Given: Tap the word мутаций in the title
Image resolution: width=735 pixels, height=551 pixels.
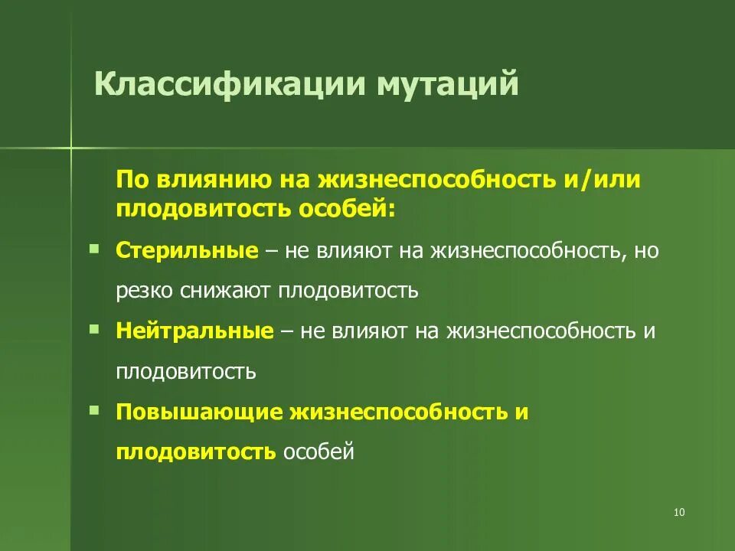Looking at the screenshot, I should [446, 83].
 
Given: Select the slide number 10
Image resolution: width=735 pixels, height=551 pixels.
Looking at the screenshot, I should [678, 512].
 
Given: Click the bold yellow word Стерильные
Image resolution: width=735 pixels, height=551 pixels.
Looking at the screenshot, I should [187, 251].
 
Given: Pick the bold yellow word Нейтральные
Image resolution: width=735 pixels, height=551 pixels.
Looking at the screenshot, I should [194, 331].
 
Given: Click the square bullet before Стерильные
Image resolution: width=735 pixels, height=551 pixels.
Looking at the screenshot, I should [93, 248].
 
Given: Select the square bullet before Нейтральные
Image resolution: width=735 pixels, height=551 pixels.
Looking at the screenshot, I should [93, 328].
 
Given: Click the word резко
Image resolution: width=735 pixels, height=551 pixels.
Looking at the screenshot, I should [145, 292].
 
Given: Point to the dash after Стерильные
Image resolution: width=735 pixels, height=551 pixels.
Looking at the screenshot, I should [271, 252].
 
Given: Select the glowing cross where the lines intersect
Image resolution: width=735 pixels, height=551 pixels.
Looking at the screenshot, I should [70, 146].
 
